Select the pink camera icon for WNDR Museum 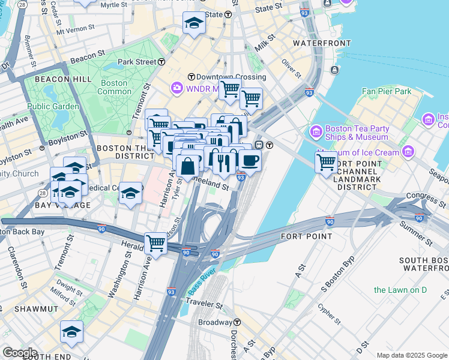[x=176, y=88]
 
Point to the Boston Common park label [x=114, y=87]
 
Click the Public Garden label [x=53, y=106]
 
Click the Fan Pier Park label [x=387, y=91]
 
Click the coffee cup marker [x=250, y=160]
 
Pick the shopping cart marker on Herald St [x=155, y=244]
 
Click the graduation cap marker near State [x=194, y=23]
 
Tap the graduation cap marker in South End [x=71, y=331]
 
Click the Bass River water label [x=202, y=282]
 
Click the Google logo [x=20, y=353]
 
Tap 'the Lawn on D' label [x=400, y=290]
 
